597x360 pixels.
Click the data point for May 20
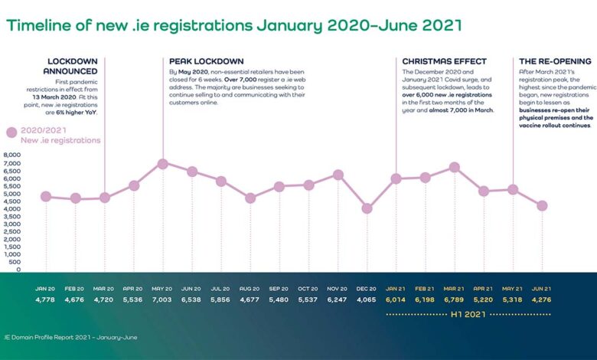(x=162, y=164)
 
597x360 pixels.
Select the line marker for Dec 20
(x=367, y=208)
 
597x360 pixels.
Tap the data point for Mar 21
(x=455, y=167)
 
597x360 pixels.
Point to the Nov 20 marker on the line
(x=338, y=175)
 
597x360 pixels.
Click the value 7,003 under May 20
(x=162, y=299)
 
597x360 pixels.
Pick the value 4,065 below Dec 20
(x=367, y=299)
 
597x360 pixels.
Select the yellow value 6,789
(x=455, y=299)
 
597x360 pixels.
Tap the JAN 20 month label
(x=45, y=289)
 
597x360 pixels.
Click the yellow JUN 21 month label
(x=542, y=289)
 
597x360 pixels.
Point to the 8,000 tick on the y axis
(x=13, y=155)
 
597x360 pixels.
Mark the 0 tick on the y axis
(x=18, y=270)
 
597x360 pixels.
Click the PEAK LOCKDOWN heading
(x=206, y=61)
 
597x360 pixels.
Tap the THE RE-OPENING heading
(x=555, y=61)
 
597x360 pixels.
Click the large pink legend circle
(x=11, y=132)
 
